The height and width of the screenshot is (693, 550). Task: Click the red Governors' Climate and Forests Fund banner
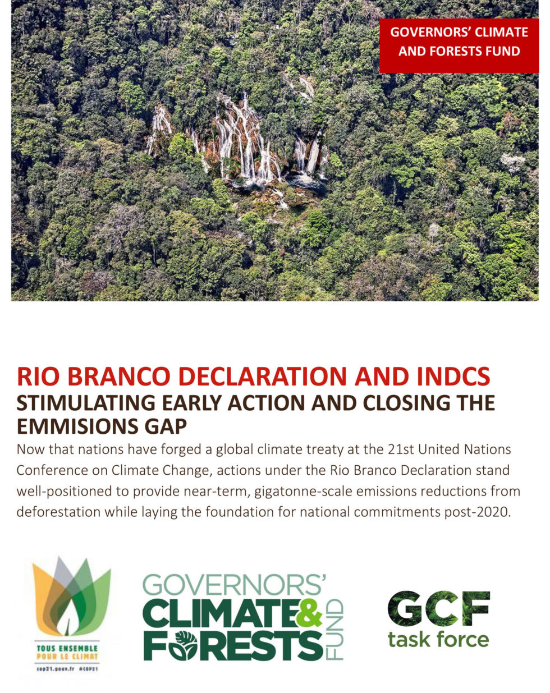click(x=459, y=42)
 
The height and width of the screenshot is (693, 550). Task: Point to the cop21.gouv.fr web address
click(x=55, y=669)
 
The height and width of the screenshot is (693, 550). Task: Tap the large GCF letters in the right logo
click(x=438, y=609)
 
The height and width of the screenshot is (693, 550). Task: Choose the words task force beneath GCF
click(x=438, y=639)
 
